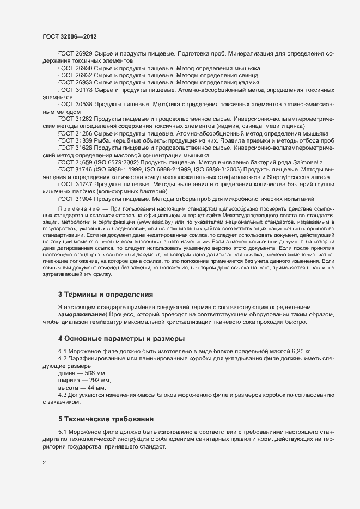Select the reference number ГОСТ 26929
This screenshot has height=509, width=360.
75,53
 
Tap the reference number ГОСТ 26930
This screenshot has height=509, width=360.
75,68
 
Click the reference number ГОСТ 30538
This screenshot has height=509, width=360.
75,103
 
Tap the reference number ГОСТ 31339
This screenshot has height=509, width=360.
75,140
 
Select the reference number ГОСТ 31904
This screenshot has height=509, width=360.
75,199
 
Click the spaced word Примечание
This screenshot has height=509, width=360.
77,209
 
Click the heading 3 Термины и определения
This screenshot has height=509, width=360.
106,295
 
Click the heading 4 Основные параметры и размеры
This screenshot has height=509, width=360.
121,339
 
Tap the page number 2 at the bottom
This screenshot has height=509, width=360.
44,463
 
